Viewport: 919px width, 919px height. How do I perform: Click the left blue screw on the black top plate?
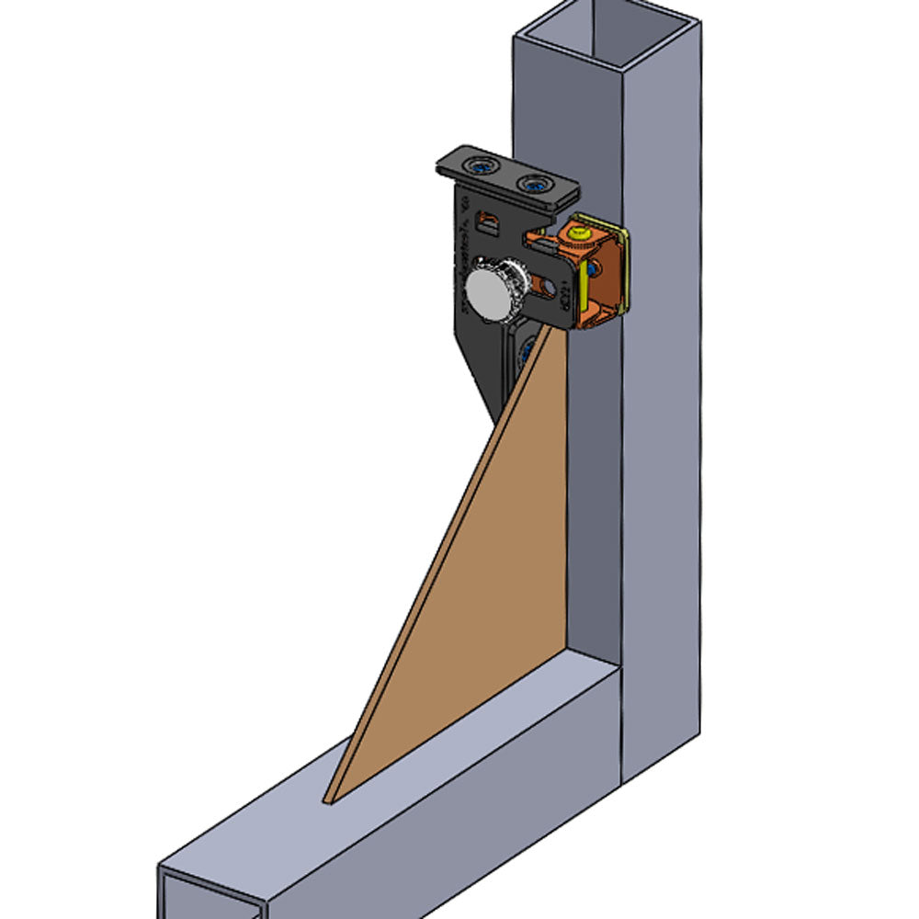(479, 167)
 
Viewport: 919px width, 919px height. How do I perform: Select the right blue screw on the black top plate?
(534, 185)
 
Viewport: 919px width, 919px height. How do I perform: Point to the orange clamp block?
(588, 276)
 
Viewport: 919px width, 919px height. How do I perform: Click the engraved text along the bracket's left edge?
(464, 267)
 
